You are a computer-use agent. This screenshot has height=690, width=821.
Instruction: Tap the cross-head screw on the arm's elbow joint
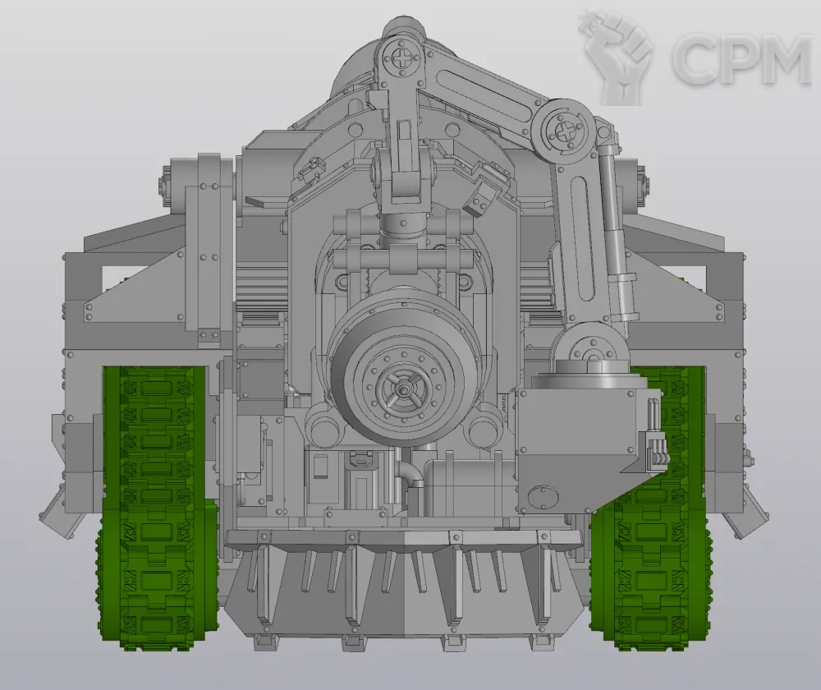pyautogui.click(x=565, y=130)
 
